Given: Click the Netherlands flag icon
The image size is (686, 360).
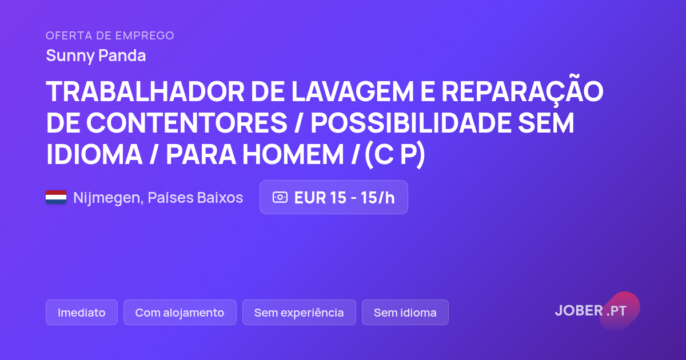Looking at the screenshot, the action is click(56, 197).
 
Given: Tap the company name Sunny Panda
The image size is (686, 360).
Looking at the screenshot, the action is click(96, 56).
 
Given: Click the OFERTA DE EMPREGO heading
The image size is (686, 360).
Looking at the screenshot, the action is click(110, 35).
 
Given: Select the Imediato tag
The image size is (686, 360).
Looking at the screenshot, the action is click(81, 312).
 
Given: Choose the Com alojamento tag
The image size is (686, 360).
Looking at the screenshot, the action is click(180, 312).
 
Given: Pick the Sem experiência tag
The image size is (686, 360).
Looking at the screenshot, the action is click(299, 312).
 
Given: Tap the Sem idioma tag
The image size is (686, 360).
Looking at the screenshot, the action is click(405, 312).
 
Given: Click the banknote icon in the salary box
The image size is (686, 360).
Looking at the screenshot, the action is click(280, 197).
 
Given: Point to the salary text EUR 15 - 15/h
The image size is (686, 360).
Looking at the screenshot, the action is click(344, 198).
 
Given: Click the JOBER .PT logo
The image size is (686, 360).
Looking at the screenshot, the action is click(591, 311).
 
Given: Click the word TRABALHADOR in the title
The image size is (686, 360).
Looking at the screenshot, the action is click(145, 91).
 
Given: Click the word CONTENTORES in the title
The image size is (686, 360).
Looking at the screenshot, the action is click(186, 123).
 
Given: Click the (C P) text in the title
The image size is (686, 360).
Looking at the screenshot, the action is click(395, 155).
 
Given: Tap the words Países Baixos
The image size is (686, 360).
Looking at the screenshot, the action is click(196, 198).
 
